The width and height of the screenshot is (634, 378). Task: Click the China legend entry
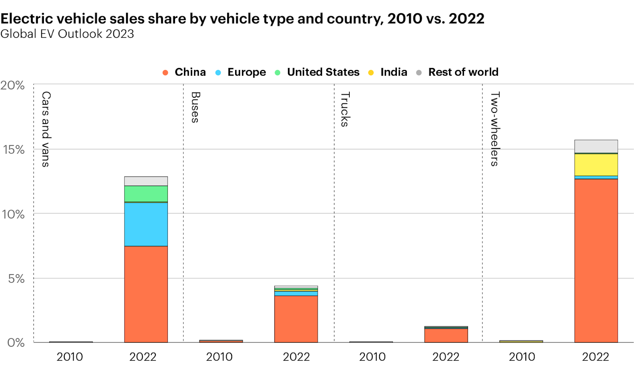[184, 72]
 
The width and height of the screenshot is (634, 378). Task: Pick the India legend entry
[388, 72]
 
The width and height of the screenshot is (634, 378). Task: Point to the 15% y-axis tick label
[14, 150]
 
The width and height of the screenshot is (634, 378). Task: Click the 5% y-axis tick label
[16, 279]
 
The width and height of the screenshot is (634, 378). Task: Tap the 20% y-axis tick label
[13, 85]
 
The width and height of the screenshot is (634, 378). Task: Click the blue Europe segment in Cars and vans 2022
[146, 224]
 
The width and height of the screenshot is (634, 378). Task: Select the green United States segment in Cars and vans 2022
[146, 194]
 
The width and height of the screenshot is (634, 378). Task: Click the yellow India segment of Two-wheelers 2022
[596, 165]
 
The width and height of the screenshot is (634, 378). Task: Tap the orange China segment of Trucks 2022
[446, 335]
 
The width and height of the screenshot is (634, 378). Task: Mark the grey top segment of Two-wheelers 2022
[596, 146]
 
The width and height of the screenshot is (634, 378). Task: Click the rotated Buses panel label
[195, 107]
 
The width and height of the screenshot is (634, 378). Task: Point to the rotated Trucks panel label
[345, 109]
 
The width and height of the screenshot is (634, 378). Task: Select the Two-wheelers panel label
[495, 129]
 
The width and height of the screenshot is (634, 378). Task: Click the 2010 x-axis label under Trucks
[372, 357]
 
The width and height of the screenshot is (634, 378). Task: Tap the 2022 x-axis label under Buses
[296, 357]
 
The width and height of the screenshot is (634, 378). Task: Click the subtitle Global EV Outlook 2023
[67, 34]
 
